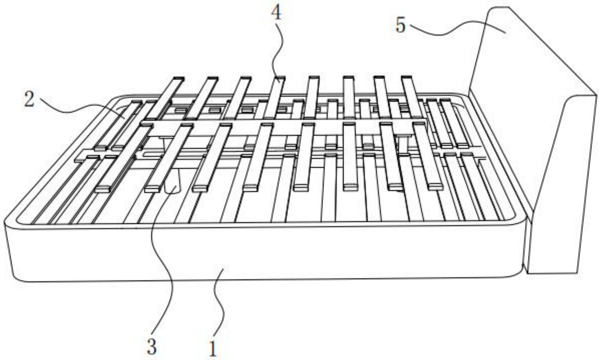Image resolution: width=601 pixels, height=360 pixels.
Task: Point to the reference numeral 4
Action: (x=276, y=13)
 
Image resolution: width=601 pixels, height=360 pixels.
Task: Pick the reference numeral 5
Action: (x=400, y=26)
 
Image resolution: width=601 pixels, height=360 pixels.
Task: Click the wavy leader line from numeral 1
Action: (x=220, y=303)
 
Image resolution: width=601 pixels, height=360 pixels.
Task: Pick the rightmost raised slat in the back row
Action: (x=412, y=97)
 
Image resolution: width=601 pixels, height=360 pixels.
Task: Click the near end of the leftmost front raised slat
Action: (x=102, y=188)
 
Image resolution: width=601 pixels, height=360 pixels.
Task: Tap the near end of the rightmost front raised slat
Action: (x=435, y=186)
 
